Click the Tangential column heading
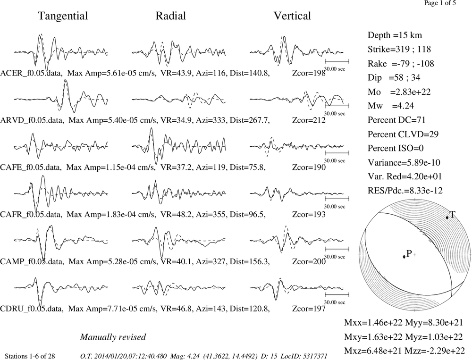pyautogui.click(x=63, y=16)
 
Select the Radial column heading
pyautogui.click(x=171, y=16)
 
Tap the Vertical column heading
pyautogui.click(x=292, y=16)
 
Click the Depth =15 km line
pyautogui.click(x=395, y=35)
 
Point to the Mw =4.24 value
pyautogui.click(x=391, y=106)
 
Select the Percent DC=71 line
pyautogui.click(x=396, y=120)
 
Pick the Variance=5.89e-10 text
pyautogui.click(x=404, y=163)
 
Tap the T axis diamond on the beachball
pyautogui.click(x=447, y=218)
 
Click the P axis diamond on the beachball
pyautogui.click(x=404, y=257)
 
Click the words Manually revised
pyautogui.click(x=113, y=337)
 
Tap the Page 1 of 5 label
pyautogui.click(x=440, y=3)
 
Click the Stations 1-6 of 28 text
pyautogui.click(x=30, y=356)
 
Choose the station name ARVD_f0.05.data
pyautogui.click(x=32, y=120)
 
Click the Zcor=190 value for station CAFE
pyautogui.click(x=309, y=167)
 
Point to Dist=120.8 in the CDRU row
pyautogui.click(x=249, y=309)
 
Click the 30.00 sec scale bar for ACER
pyautogui.click(x=337, y=61)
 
